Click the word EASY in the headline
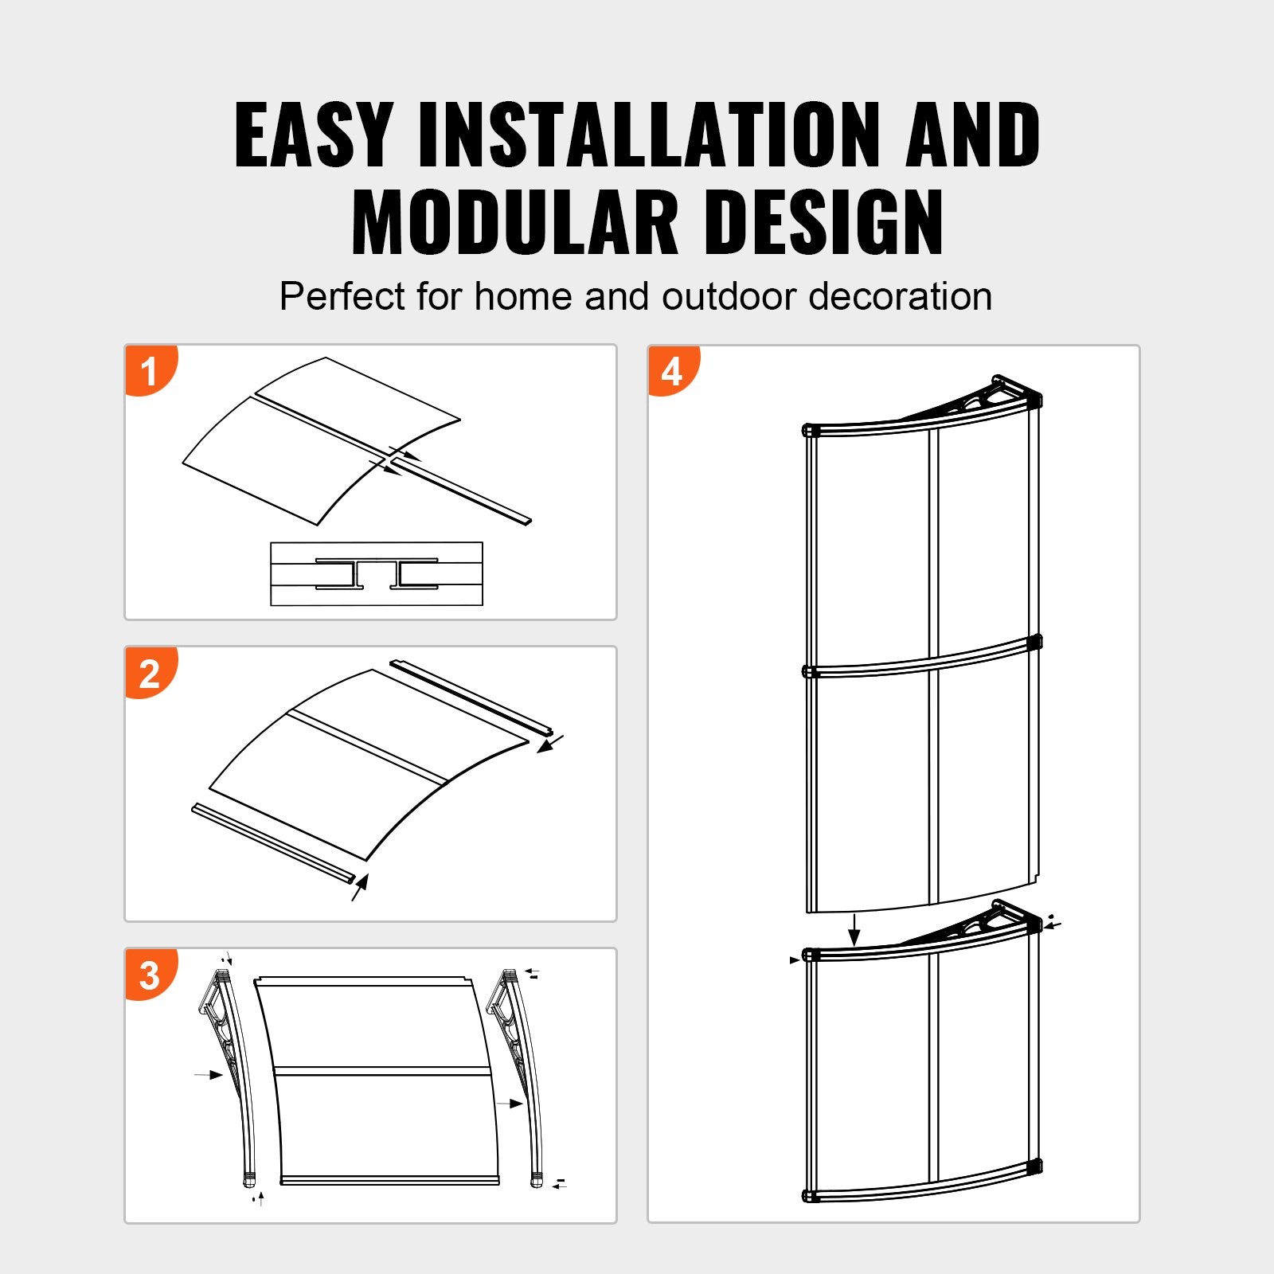click(313, 135)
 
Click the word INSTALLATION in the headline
click(649, 135)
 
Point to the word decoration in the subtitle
click(900, 297)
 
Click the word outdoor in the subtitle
click(729, 297)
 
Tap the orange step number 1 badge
click(150, 371)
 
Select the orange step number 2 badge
click(150, 674)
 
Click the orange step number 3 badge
click(150, 975)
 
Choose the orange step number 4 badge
click(673, 371)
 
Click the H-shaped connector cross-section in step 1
click(377, 573)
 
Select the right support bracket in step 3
click(518, 1067)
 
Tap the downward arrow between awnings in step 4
click(854, 928)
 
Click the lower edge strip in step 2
click(272, 842)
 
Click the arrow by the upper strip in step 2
click(549, 744)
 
